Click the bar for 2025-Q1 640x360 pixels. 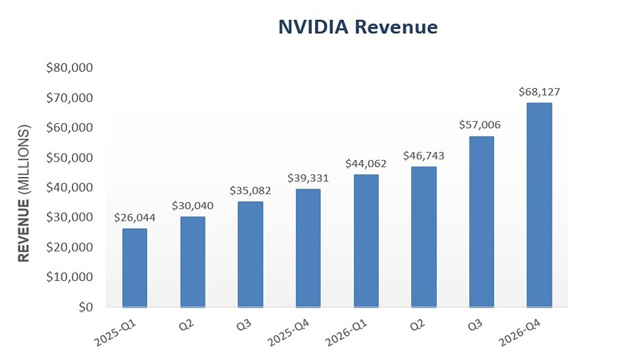pyautogui.click(x=134, y=268)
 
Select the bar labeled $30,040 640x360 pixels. pyautogui.click(x=193, y=262)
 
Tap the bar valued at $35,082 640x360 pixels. pyautogui.click(x=250, y=255)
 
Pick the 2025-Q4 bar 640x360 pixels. pyautogui.click(x=308, y=248)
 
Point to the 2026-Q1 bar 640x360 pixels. pyautogui.click(x=366, y=241)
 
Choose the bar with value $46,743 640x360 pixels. pyautogui.click(x=424, y=237)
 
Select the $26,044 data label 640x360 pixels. pyautogui.click(x=135, y=216)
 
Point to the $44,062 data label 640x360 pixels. pyautogui.click(x=366, y=163)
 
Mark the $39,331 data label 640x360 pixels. pyautogui.click(x=308, y=177)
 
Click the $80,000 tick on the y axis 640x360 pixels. pyautogui.click(x=70, y=68)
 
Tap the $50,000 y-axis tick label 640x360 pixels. pyautogui.click(x=70, y=158)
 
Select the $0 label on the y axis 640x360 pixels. pyautogui.click(x=85, y=307)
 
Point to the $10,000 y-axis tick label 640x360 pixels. pyautogui.click(x=70, y=277)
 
